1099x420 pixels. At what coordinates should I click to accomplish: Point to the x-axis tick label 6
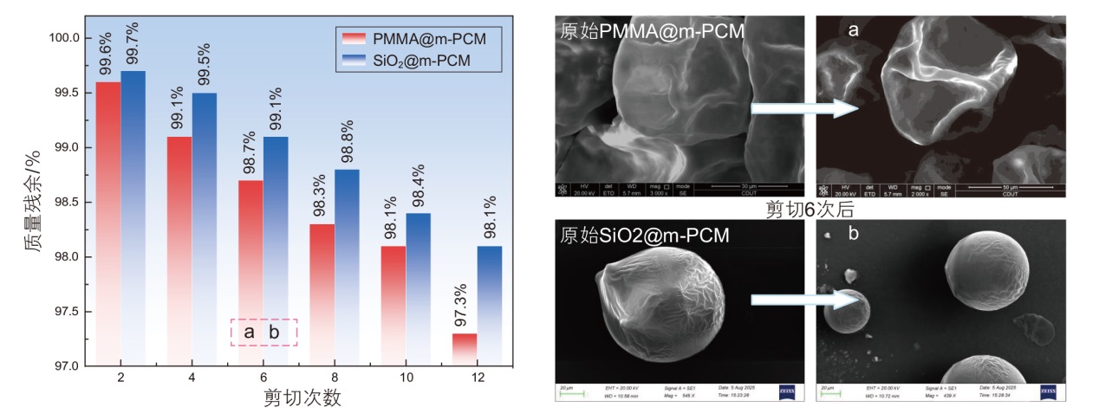[263, 378]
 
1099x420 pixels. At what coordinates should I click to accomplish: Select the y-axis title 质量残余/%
[32, 201]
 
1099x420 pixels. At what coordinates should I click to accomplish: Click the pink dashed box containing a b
[263, 332]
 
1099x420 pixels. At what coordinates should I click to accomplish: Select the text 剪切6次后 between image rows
[810, 210]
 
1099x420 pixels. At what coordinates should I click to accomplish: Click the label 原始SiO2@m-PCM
[643, 234]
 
